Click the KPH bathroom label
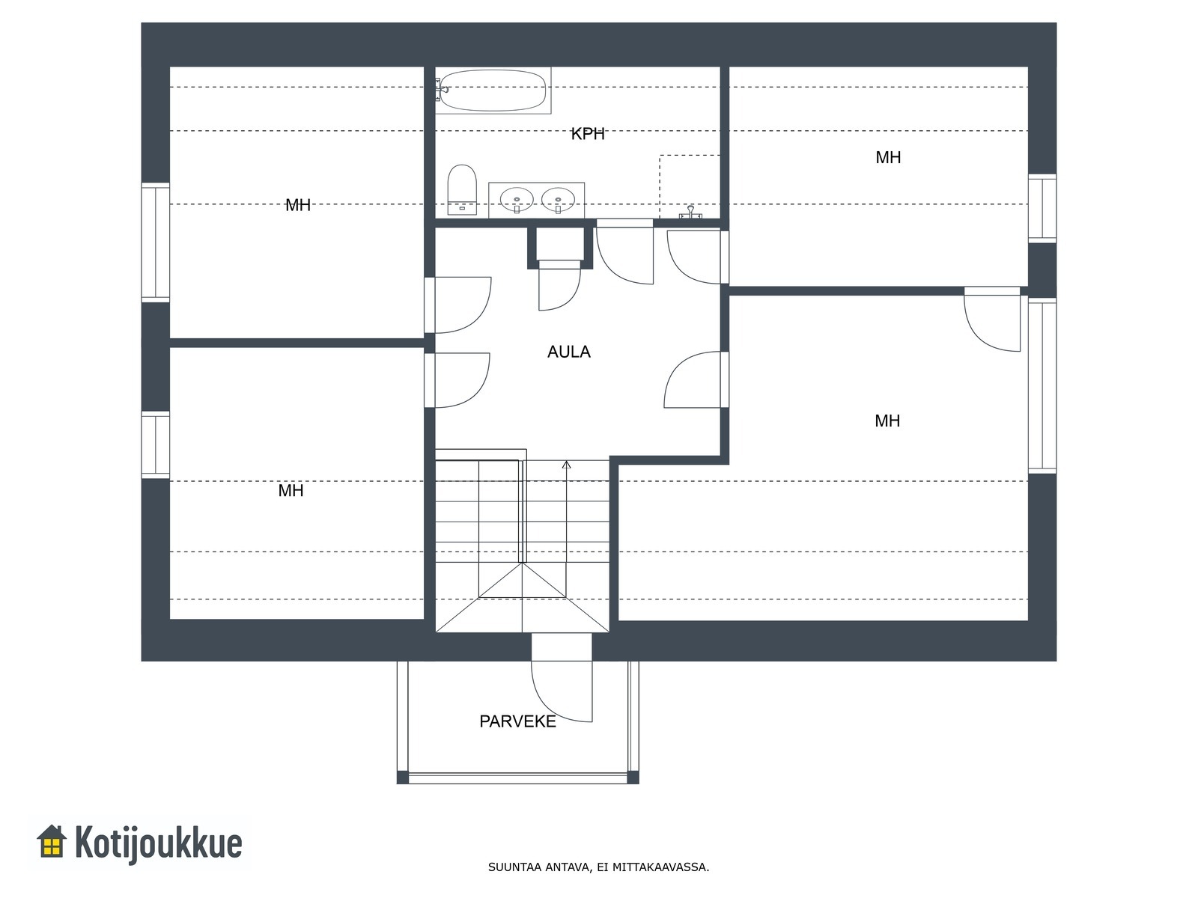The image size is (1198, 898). point(588,134)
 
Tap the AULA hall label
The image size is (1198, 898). point(569,352)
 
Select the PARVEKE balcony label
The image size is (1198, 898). point(517,721)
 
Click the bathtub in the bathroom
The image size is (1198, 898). point(493,91)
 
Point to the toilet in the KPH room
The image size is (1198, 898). point(462,189)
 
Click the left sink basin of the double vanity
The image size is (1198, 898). point(517,200)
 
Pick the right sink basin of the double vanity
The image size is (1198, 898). point(558,200)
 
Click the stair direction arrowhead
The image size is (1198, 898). point(567,465)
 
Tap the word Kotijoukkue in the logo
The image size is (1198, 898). point(158,843)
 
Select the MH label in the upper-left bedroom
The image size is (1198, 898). point(298,205)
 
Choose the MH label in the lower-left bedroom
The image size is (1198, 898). point(291,491)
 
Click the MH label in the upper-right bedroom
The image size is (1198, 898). point(888,158)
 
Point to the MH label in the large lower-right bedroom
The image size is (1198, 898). point(887,421)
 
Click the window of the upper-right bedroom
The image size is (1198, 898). point(1042,208)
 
